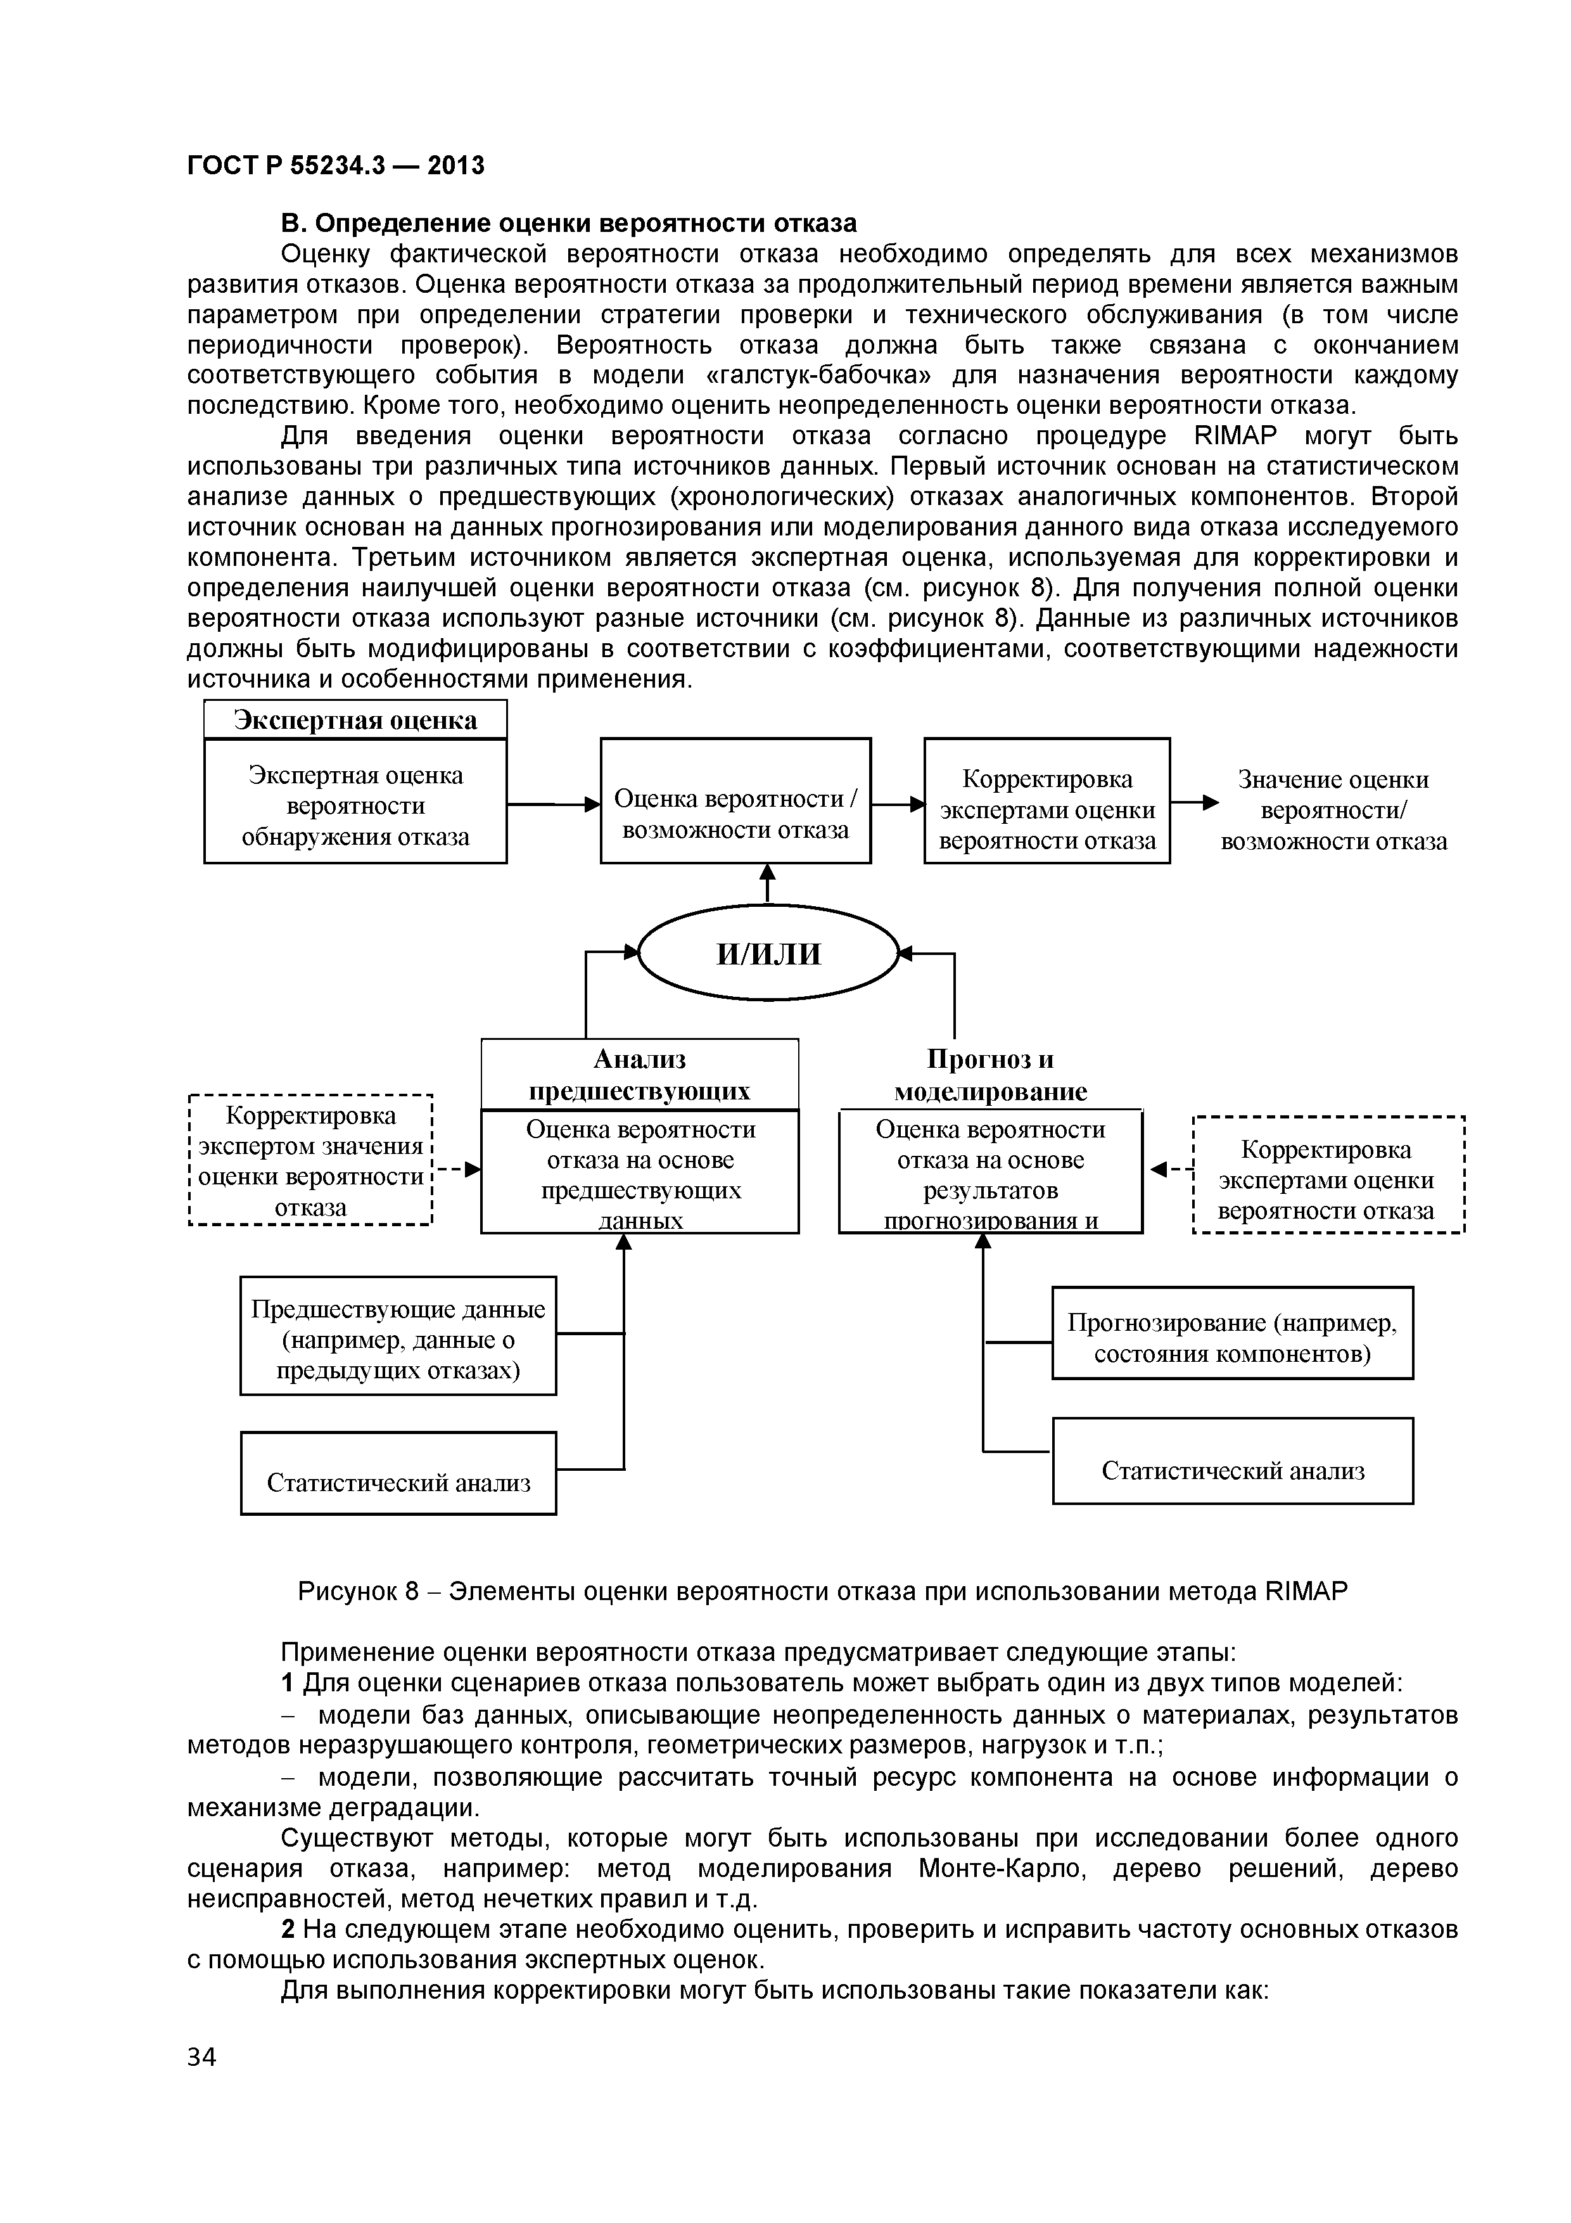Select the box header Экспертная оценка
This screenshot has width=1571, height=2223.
355,721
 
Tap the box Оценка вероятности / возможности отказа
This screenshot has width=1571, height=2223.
735,801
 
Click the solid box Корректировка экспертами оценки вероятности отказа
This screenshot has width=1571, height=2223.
1046,801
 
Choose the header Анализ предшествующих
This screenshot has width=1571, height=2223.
639,1075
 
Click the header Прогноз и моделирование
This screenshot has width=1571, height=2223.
989,1075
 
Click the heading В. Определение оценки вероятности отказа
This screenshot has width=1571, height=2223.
568,224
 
